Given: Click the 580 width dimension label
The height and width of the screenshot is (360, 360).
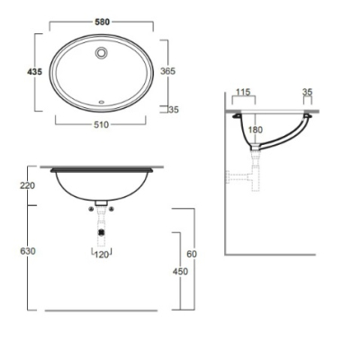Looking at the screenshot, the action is (x=103, y=22).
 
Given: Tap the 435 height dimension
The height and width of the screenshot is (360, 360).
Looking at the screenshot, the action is (x=35, y=72).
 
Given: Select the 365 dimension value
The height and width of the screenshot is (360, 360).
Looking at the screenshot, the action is (x=167, y=71).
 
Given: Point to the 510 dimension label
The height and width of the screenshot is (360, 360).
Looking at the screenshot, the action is (x=101, y=125).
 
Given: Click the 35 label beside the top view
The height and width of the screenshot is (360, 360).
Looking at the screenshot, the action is (x=174, y=110).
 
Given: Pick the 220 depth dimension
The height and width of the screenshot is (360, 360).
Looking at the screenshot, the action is (x=28, y=186).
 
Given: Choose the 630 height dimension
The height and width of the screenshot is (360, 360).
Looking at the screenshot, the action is (x=28, y=251).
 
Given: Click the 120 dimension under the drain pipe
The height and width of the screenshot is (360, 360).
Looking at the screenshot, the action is (x=102, y=255).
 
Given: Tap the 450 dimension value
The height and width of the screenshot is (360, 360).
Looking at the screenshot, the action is (x=180, y=272).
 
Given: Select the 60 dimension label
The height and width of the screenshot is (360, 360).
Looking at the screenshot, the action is (x=192, y=254).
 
